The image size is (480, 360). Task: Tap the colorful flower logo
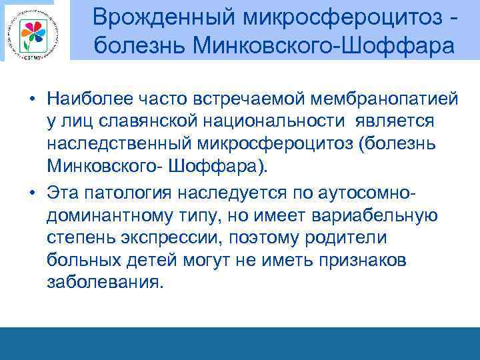point(32,30)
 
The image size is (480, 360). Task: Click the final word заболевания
point(104,283)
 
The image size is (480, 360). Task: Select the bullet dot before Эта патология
point(31,193)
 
